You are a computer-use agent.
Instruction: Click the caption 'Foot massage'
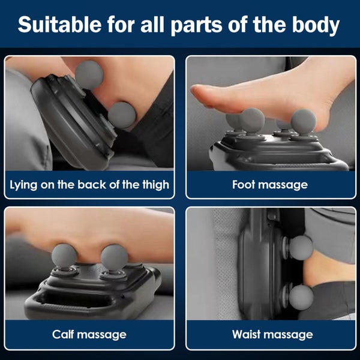(270, 184)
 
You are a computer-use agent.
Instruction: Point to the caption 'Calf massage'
(89, 334)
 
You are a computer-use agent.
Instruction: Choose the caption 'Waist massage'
(270, 334)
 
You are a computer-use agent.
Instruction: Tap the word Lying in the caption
(24, 184)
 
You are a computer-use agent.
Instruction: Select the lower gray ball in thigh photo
(122, 115)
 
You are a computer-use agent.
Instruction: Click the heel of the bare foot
(327, 108)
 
